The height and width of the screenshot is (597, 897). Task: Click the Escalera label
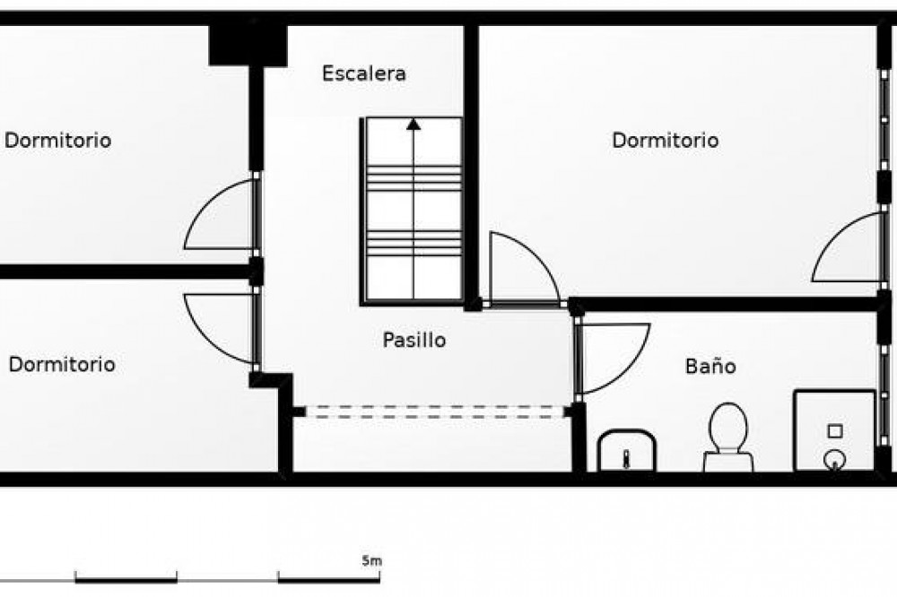click(364, 74)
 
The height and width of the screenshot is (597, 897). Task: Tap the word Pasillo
click(414, 340)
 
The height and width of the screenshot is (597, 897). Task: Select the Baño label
click(710, 366)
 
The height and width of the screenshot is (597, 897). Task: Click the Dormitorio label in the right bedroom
click(666, 140)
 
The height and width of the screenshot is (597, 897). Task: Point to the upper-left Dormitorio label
click(57, 140)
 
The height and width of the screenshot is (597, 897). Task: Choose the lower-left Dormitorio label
click(62, 364)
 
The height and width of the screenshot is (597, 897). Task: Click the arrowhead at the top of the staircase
click(414, 124)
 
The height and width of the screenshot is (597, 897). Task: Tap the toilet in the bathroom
click(728, 437)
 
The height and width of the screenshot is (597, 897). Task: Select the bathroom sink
click(626, 451)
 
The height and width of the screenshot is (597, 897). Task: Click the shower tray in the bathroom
click(834, 430)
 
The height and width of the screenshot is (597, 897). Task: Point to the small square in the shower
click(835, 431)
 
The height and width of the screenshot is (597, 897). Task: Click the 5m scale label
click(372, 561)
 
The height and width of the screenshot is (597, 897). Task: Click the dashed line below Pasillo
click(435, 411)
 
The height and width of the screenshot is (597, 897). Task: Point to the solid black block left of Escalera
click(248, 45)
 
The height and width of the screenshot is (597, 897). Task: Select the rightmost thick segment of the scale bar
click(329, 581)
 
